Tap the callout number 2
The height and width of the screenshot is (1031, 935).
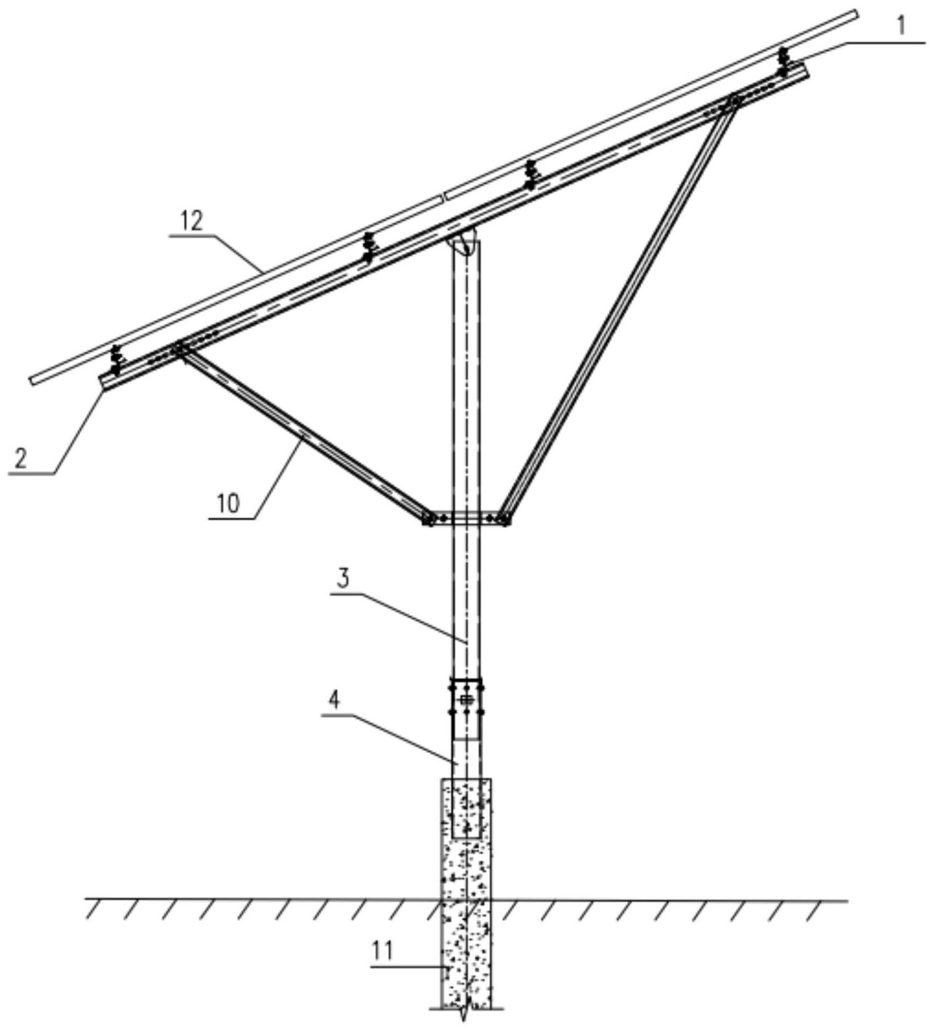(x=21, y=459)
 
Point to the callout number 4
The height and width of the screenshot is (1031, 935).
(x=335, y=700)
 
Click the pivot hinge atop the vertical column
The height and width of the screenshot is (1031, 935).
(x=463, y=244)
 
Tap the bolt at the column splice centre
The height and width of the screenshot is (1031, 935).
(x=466, y=700)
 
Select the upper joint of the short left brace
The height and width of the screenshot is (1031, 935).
(x=179, y=348)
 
